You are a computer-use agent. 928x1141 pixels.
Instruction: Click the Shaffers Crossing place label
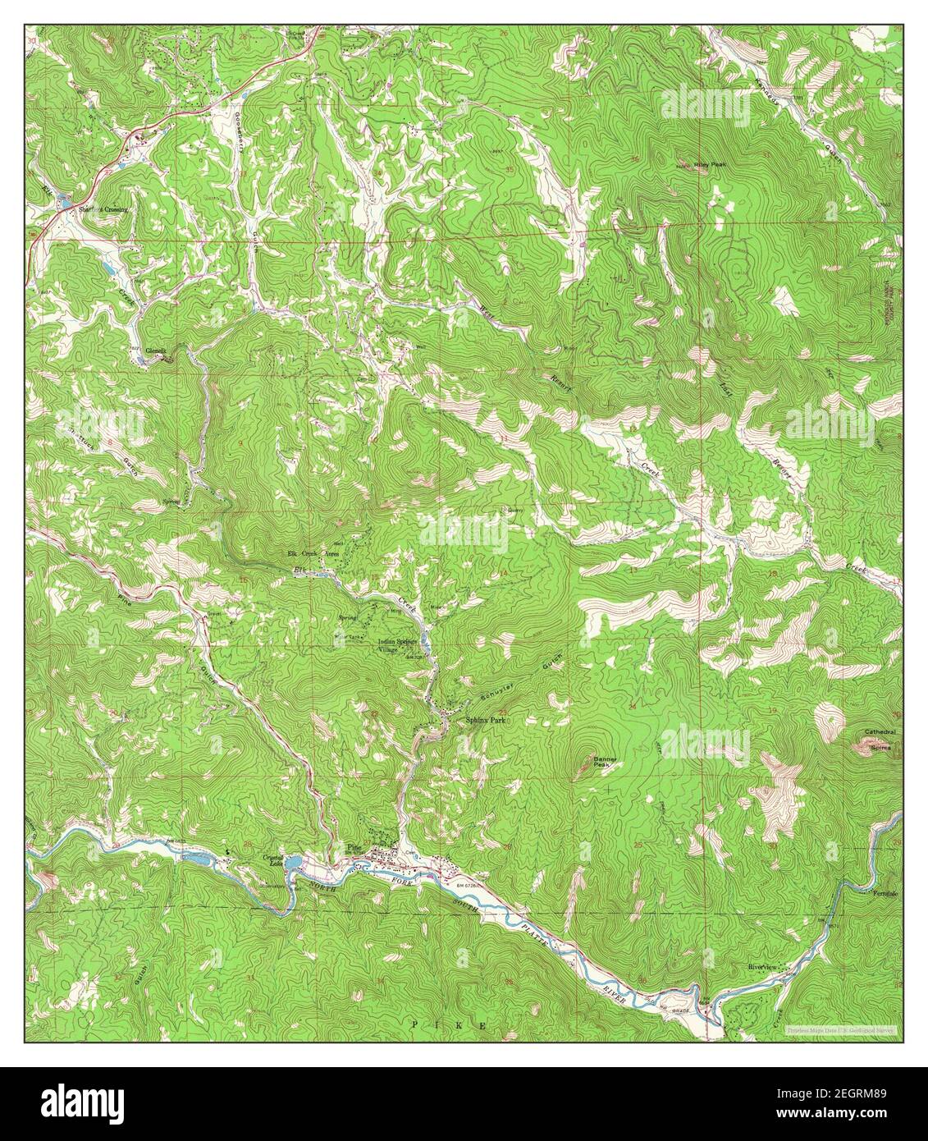103,210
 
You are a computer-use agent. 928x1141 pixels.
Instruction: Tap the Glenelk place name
156,351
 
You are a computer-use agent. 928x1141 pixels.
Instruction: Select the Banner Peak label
605,763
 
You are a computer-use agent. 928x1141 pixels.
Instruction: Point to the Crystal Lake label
272,860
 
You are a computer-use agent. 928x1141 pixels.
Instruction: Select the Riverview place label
766,967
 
